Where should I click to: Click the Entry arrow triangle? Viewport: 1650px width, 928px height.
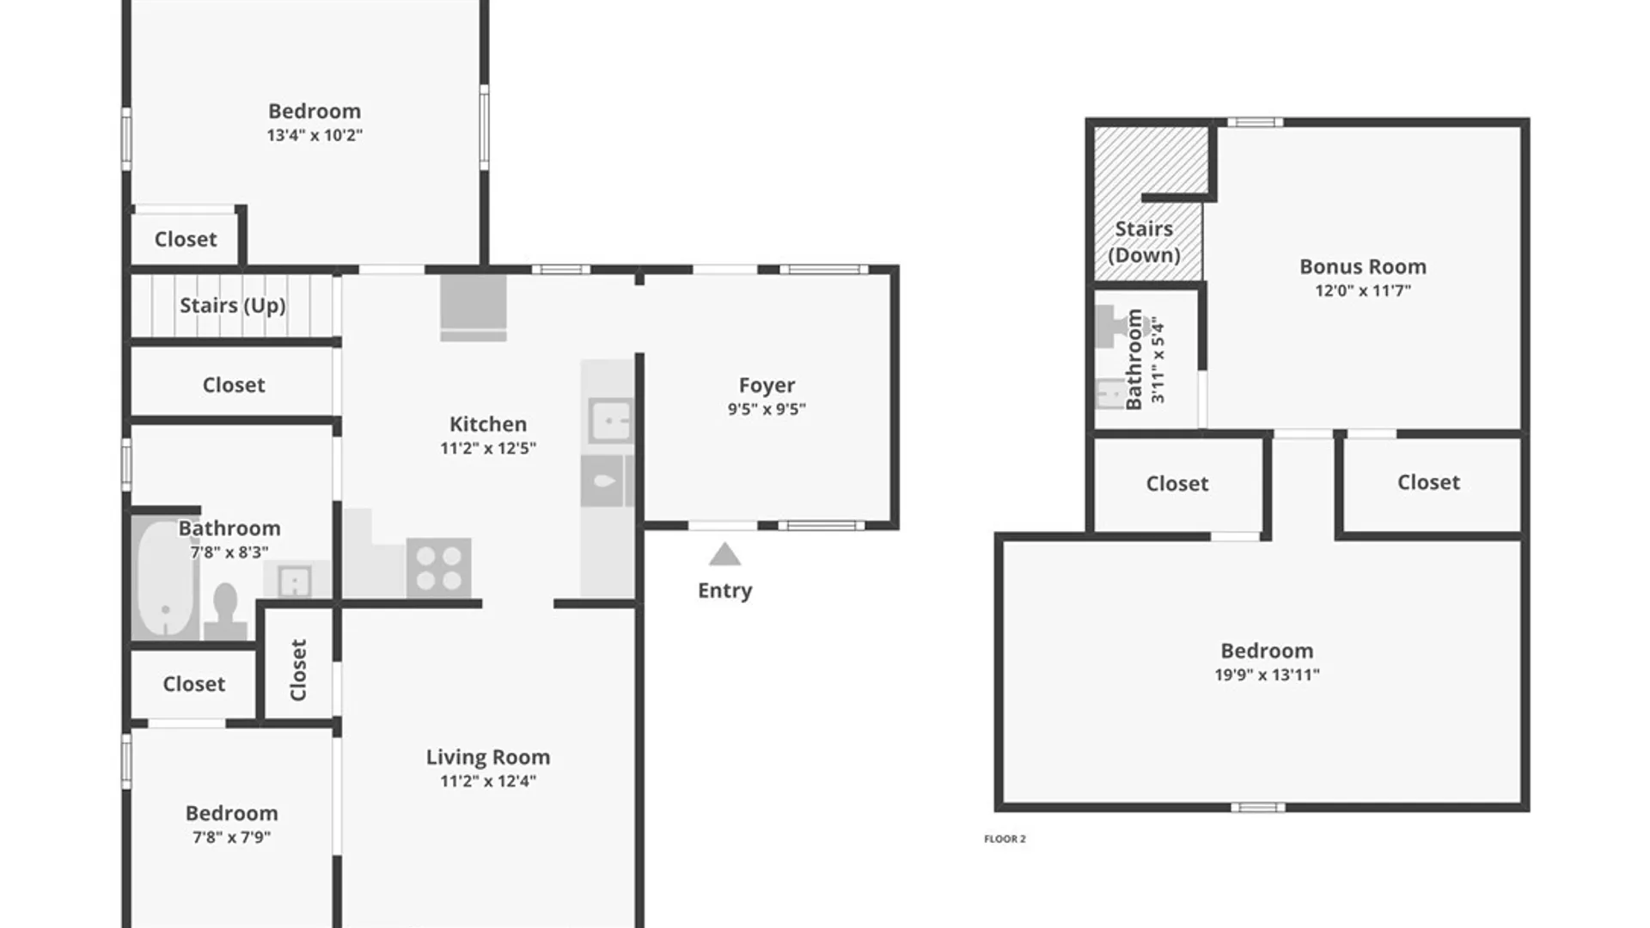724,554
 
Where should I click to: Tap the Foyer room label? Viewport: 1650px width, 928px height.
767,385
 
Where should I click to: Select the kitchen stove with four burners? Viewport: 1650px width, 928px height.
438,568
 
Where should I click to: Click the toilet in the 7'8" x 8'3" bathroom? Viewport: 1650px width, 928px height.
225,609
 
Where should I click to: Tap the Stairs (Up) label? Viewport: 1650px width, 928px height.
232,305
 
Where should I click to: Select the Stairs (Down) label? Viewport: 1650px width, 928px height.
1144,241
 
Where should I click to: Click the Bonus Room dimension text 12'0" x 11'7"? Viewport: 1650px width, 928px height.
1363,290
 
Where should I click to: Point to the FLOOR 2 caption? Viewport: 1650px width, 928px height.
1005,839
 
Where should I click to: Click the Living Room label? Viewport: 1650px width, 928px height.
488,757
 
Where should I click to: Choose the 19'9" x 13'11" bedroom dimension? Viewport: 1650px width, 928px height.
1267,675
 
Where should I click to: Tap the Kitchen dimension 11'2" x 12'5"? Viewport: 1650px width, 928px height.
488,448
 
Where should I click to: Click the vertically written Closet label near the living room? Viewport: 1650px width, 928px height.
298,670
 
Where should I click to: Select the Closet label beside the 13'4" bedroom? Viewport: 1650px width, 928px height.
186,239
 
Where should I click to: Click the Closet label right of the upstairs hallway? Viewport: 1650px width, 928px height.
1428,482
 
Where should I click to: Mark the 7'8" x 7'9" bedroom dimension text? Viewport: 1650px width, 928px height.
231,837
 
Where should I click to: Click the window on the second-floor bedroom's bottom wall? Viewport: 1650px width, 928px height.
1257,807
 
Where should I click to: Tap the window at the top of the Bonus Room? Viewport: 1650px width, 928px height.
1255,123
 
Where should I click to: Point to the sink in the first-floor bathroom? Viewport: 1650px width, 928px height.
295,582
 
